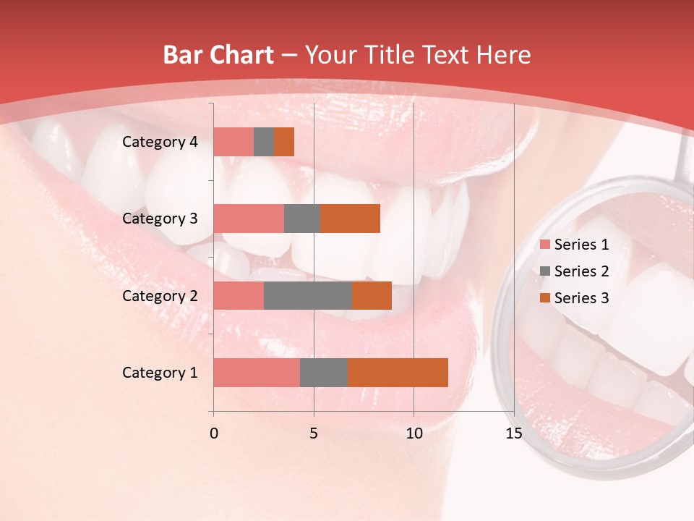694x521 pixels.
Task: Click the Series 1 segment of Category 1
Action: [257, 373]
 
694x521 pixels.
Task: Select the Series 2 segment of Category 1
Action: [324, 373]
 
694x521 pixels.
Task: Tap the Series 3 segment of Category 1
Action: [398, 373]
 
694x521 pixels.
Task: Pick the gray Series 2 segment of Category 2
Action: [308, 295]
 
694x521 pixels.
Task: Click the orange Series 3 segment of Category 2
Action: [372, 295]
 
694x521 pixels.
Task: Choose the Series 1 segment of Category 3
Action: [249, 219]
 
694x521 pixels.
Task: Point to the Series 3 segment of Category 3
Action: [350, 219]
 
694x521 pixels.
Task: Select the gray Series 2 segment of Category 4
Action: [264, 142]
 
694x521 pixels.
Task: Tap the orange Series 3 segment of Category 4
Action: [284, 142]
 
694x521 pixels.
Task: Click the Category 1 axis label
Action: [160, 373]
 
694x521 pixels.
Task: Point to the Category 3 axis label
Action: [160, 219]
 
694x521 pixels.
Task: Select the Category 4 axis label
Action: [160, 142]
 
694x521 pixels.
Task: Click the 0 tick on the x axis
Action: [213, 433]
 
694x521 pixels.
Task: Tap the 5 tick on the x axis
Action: [314, 433]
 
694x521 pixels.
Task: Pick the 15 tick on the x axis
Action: [513, 433]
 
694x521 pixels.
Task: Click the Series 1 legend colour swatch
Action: [544, 245]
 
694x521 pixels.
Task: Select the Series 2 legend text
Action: [581, 271]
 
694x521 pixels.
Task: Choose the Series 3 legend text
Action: [581, 298]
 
